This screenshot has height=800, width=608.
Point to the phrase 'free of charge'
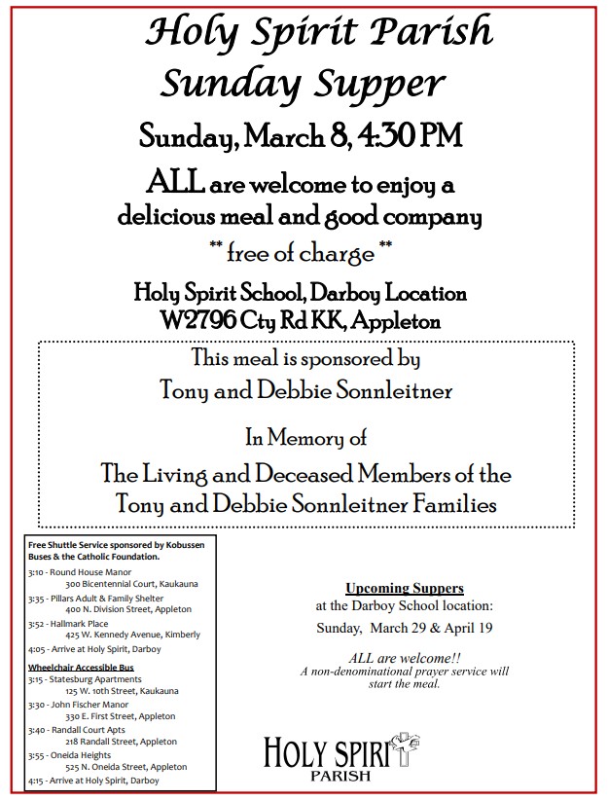(x=301, y=255)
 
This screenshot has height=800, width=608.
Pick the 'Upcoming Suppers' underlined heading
(x=405, y=588)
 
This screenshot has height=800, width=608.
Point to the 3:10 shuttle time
(x=37, y=573)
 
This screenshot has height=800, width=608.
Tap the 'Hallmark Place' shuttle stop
(x=80, y=623)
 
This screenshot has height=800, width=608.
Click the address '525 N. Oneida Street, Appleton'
(x=126, y=766)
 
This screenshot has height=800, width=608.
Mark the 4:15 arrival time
(x=37, y=780)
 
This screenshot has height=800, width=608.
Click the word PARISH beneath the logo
(x=340, y=776)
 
